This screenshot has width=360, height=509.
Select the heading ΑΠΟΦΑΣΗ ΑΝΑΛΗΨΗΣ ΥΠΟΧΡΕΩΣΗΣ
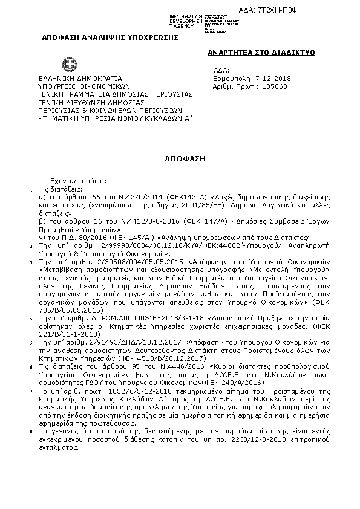click(110, 37)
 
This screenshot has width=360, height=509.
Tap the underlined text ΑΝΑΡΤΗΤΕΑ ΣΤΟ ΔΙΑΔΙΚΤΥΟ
click(261, 53)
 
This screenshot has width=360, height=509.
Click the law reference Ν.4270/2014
click(139, 197)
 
